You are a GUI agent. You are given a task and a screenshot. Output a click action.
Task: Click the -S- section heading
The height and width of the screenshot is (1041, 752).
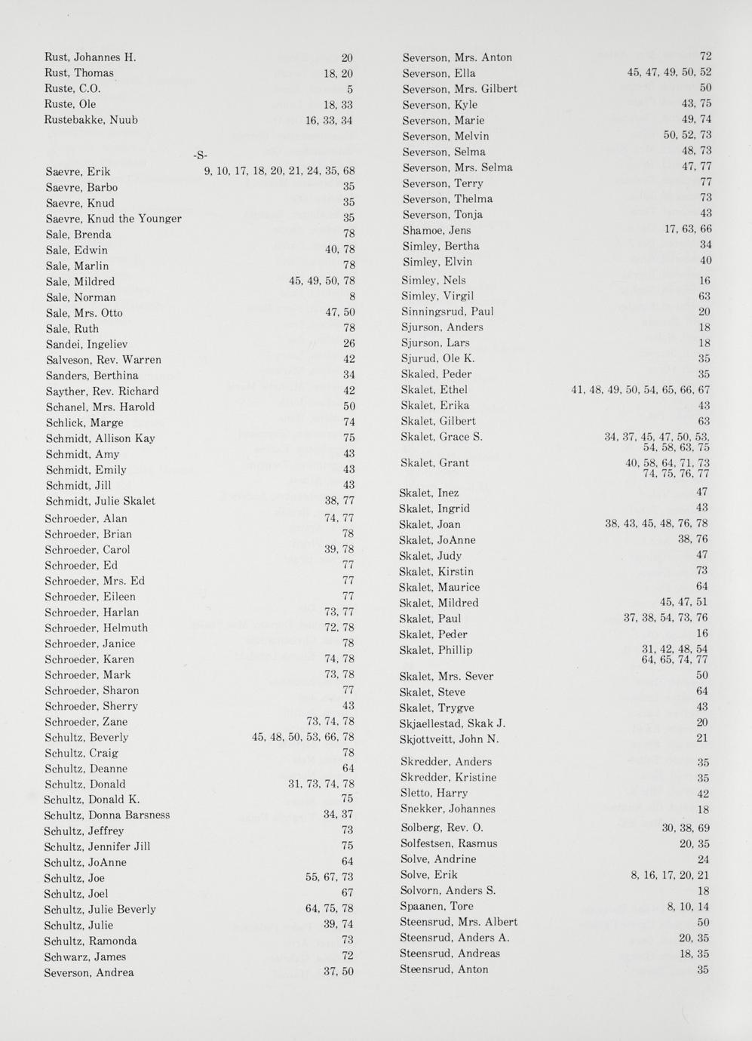200,155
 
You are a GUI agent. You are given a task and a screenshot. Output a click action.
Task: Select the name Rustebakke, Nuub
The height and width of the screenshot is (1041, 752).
91,120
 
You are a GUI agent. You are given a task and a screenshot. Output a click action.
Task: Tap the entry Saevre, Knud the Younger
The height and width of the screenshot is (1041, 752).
113,219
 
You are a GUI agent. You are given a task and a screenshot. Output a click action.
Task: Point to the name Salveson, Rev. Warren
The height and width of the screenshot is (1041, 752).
103,360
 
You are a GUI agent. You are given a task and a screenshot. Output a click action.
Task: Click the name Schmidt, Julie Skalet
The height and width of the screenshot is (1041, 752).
100,501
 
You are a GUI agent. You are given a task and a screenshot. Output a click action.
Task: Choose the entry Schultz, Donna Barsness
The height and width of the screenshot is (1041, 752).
106,815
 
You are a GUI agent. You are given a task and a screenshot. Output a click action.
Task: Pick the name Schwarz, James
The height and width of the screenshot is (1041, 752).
84,957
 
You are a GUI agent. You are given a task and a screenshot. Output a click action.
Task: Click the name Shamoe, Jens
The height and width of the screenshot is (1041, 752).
436,230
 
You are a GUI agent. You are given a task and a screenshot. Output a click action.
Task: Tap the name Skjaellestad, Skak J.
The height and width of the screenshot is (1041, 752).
452,723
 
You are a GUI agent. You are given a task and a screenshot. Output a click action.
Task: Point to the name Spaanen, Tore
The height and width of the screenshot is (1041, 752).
437,906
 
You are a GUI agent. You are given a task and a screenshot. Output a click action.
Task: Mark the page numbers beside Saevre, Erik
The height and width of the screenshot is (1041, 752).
279,171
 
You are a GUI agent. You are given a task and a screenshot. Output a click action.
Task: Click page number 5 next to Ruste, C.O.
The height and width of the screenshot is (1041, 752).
350,89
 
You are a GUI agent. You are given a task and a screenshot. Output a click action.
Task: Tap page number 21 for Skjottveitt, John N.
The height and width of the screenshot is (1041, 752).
702,739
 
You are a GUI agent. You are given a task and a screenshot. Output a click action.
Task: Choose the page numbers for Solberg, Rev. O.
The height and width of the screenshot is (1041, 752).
686,828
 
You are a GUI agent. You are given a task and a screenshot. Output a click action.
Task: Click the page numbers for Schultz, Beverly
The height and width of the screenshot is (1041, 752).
302,737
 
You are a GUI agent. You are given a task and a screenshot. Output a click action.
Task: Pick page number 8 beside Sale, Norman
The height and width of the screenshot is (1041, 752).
351,297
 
